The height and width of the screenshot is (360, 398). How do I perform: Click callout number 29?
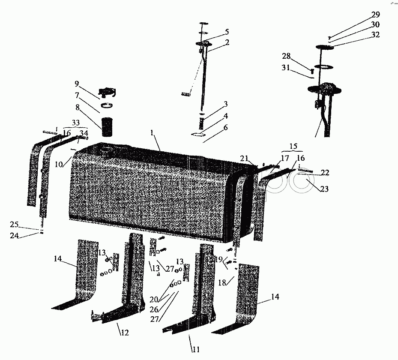point(375,15)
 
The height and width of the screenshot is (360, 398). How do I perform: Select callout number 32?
point(375,35)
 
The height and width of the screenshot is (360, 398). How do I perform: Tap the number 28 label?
point(286,56)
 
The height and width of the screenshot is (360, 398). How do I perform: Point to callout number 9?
point(77,84)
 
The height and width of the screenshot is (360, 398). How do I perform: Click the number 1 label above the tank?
point(152,133)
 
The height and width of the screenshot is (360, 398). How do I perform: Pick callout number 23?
point(324,189)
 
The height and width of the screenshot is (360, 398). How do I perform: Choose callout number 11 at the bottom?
point(196,349)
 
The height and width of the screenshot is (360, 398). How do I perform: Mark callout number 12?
point(125,332)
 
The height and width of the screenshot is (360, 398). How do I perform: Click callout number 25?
point(14,225)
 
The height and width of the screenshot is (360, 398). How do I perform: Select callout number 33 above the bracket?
point(76,123)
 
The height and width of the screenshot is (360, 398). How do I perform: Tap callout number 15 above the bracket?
point(293,147)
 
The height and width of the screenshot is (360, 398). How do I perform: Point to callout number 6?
point(226,127)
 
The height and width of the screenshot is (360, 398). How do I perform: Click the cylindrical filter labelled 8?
point(107,126)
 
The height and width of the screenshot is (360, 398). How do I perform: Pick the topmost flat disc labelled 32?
point(325,47)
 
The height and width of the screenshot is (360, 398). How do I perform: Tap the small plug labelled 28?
point(312,71)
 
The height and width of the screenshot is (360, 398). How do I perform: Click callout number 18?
point(222,282)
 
